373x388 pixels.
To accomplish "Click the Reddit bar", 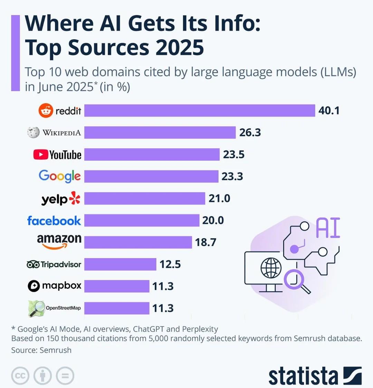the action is pos(200,110).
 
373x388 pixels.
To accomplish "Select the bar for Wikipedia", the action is pos(160,132).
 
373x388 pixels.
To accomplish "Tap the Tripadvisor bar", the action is pos(120,264).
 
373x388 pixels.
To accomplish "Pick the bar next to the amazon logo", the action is pos(138,242).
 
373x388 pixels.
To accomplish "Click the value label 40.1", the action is pos(329,111).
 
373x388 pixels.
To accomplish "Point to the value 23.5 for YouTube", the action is pos(234,155).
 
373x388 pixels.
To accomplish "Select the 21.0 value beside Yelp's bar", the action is pos(219,198).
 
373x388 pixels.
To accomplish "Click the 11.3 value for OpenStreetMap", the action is pos(163,308).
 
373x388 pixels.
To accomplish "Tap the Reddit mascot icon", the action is pos(46,111).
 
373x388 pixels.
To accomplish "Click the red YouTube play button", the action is pos(41,155).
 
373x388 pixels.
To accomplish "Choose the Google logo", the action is pos(60,176).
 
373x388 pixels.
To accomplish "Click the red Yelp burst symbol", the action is pos(75,198).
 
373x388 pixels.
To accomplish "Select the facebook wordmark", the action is pos(54,221).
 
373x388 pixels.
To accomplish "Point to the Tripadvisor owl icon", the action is pos(33,265).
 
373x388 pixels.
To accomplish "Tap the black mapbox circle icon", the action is pos(34,286).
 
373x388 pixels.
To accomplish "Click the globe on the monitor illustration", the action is pos(271,268).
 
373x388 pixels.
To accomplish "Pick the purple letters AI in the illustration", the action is pos(328,228).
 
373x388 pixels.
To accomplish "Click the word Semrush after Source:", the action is pos(56,350).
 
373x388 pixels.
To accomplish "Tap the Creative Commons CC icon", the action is pos(20,376).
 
